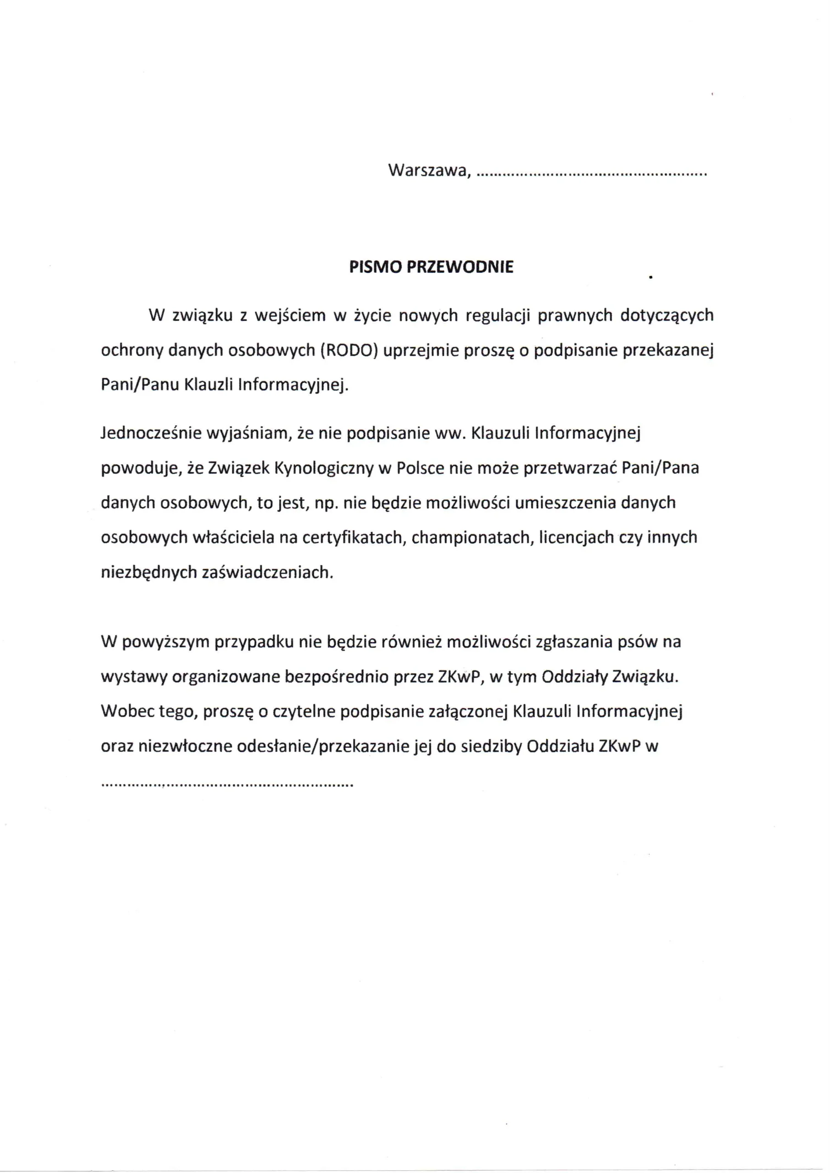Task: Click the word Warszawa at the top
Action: (427, 170)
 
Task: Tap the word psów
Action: (637, 641)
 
